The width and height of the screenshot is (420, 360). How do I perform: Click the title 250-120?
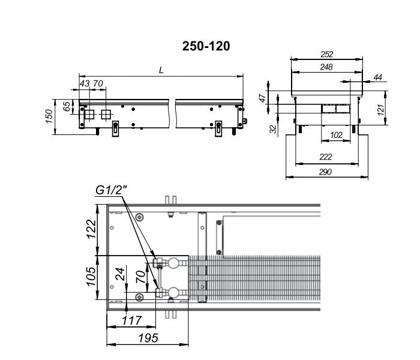(206, 46)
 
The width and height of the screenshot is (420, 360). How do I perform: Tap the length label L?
(161, 70)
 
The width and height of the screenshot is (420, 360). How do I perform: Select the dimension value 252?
(327, 55)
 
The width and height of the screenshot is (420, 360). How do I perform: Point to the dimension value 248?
(326, 67)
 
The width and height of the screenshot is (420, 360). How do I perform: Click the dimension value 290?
(325, 172)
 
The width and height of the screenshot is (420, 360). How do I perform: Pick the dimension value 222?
(326, 157)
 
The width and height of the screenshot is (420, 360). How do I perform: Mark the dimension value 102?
(336, 135)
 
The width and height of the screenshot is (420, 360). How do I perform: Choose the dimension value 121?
(380, 110)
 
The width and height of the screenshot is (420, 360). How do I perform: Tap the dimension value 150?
(49, 116)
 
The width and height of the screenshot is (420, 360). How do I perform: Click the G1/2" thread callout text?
(111, 190)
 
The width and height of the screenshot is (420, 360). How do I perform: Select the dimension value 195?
(148, 338)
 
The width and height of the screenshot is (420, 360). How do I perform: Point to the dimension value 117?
(131, 320)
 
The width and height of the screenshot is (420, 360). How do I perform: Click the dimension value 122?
(91, 229)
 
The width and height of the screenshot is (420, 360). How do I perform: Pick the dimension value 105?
(91, 277)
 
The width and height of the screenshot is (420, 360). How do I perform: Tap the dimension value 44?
(377, 77)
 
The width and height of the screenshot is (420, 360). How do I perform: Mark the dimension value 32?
(273, 129)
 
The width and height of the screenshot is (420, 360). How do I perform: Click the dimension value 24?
(121, 274)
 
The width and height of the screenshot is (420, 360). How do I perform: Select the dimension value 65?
(67, 106)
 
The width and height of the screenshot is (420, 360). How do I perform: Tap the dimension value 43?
(85, 83)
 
